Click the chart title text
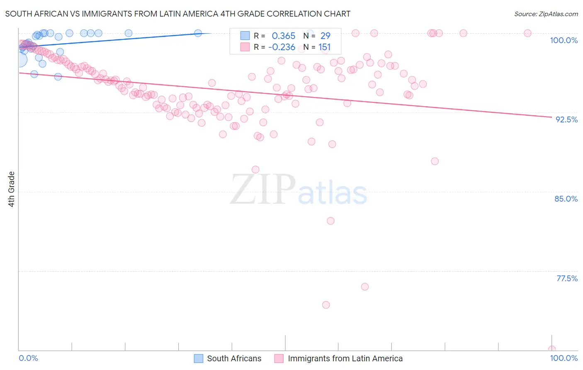tap(177, 14)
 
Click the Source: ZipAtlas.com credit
tap(546, 14)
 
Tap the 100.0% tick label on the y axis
tap(564, 40)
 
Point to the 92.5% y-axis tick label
tap(566, 119)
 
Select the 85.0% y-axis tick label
tap(566, 199)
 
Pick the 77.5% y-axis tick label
tap(567, 278)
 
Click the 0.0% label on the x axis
tap(28, 358)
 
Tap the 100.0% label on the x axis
tap(564, 358)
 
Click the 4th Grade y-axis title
tap(12, 189)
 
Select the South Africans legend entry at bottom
tap(228, 358)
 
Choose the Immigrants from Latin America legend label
tap(339, 358)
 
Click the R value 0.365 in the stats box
tap(284, 36)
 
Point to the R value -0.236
tap(282, 47)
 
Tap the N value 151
tap(324, 47)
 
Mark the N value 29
tap(325, 36)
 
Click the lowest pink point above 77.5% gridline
tap(330, 221)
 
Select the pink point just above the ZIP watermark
tap(255, 170)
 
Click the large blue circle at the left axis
tap(20, 60)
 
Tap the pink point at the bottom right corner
tap(551, 349)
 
